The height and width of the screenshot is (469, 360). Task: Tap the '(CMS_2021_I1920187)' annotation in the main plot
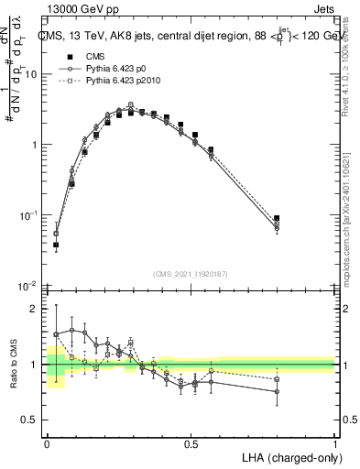click(191, 274)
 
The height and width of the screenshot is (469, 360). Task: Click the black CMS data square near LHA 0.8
click(277, 218)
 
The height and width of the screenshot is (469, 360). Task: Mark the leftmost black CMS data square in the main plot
click(56, 245)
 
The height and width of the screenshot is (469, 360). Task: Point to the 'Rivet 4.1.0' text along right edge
click(353, 78)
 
